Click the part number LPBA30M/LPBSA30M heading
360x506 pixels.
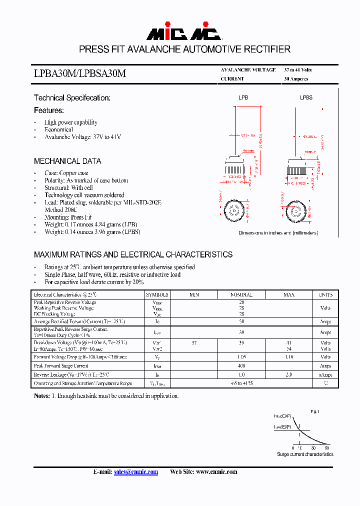point(80,73)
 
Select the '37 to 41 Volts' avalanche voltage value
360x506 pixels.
point(298,70)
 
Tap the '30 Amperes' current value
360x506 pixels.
point(296,79)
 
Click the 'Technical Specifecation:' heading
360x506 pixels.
point(72,98)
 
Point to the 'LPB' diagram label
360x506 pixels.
point(243,97)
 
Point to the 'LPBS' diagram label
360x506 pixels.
point(306,97)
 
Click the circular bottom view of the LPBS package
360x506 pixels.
point(294,212)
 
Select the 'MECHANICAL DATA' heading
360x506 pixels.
point(67,161)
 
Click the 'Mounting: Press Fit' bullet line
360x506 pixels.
point(68,217)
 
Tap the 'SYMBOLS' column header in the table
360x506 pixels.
point(157,295)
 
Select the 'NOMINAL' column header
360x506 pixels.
point(241,295)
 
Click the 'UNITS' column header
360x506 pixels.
point(325,295)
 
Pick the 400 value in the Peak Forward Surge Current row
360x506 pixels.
point(241,366)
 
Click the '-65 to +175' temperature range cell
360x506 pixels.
point(241,383)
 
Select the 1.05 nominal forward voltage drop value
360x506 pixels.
point(241,357)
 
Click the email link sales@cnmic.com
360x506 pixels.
point(136,472)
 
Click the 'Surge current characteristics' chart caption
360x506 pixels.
point(305,454)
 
